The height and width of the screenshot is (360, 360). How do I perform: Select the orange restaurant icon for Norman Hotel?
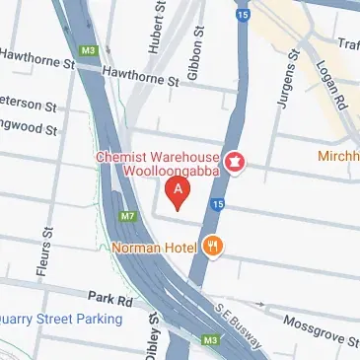[x=212, y=247]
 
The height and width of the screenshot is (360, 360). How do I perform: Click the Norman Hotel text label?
[x=156, y=247]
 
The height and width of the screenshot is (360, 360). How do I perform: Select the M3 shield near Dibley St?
[x=209, y=340]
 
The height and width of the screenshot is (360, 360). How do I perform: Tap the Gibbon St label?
[x=197, y=47]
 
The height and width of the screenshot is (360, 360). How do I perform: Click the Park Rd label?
[x=103, y=296]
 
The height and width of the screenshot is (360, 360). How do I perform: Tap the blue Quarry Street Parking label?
[x=59, y=319]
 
